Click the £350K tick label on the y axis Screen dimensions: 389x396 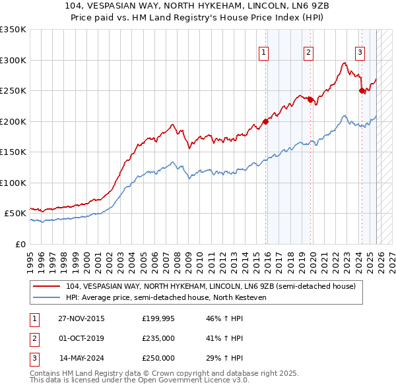point(13,30)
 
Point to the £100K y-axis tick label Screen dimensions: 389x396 point(13,183)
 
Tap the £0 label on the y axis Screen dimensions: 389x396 point(20,244)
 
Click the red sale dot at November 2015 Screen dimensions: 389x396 point(266,121)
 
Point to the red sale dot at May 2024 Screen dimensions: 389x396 point(362,91)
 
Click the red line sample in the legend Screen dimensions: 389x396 point(47,286)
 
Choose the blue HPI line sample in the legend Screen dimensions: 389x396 point(47,297)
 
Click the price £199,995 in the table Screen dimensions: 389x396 point(158,318)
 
